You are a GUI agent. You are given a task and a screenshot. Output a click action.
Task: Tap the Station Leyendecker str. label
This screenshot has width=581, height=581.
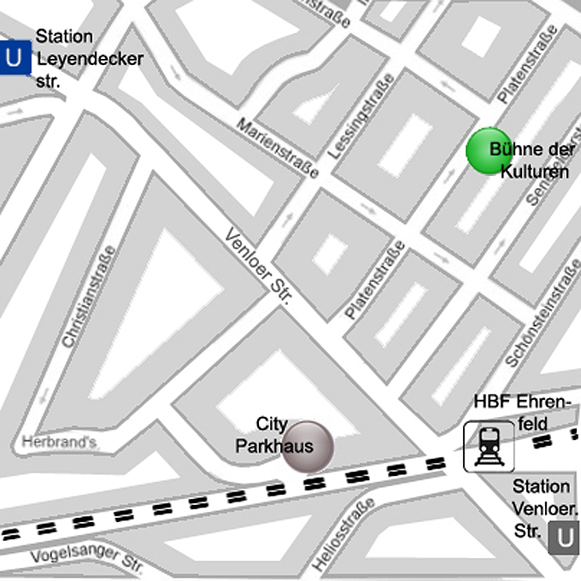88,59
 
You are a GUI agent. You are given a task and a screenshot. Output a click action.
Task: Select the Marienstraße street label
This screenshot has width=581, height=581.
278,148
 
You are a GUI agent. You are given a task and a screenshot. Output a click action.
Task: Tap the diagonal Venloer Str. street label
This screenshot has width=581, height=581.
259,266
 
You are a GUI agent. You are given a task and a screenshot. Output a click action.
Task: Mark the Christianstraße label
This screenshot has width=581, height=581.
88,296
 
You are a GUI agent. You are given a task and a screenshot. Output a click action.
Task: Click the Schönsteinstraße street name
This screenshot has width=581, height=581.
543,314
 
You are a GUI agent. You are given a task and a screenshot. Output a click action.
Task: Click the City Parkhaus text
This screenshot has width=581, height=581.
273,435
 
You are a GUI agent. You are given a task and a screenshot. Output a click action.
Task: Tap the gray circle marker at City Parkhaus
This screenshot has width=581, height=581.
308,446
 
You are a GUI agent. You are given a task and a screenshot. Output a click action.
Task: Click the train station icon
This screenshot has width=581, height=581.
489,446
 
